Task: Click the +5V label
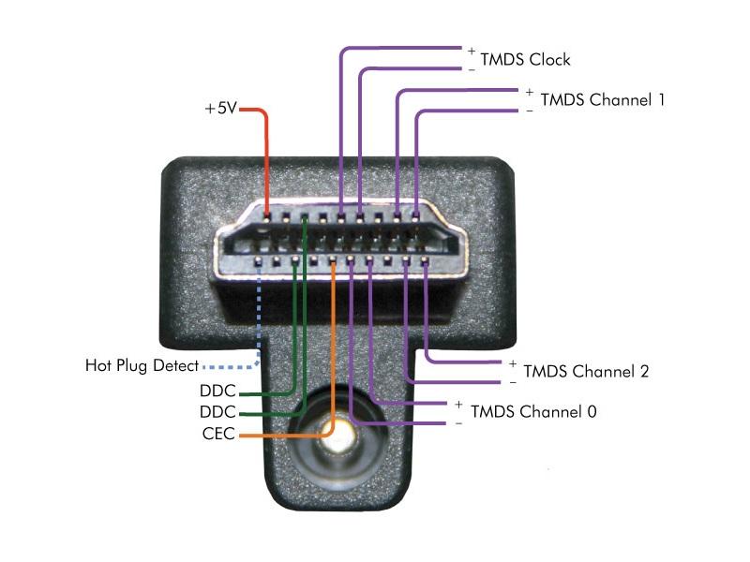pos(221,109)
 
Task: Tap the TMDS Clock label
pos(525,60)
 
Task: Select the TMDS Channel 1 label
pos(603,100)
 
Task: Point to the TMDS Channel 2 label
pos(586,371)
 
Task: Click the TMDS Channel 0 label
pos(533,411)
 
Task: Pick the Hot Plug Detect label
pos(142,364)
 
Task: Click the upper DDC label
pos(217,391)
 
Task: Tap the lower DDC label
pos(217,412)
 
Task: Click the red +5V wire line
pos(267,159)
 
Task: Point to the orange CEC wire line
pos(333,356)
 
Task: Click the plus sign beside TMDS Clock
pos(472,50)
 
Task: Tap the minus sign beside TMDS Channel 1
pos(530,111)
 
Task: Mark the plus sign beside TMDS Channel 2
pos(513,362)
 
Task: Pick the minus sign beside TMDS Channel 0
pos(458,423)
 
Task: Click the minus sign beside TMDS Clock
pos(472,69)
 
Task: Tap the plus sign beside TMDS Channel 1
pos(530,92)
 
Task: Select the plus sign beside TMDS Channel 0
pos(458,404)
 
